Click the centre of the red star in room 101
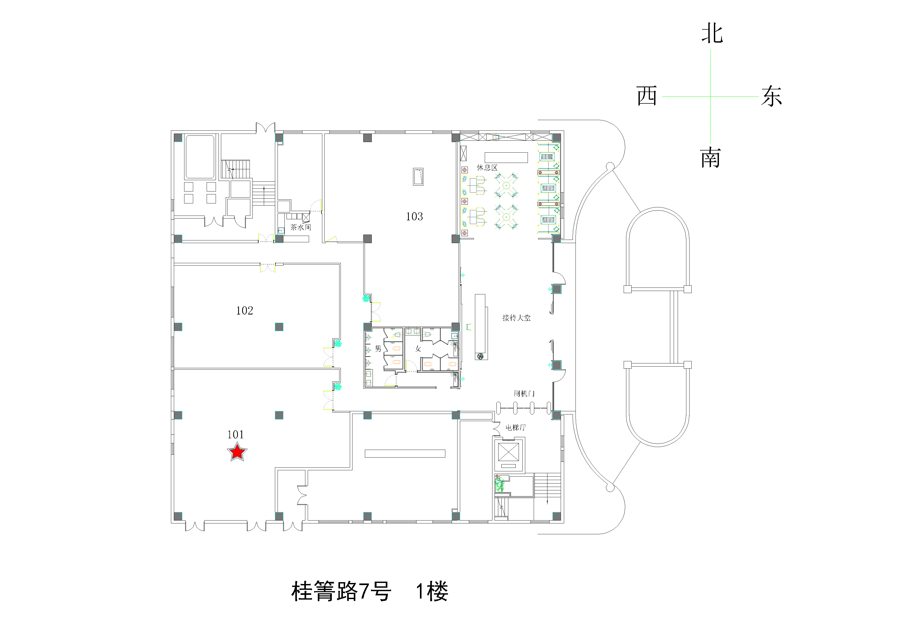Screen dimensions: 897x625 tap(237, 452)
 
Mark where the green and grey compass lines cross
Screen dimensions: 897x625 tap(710, 97)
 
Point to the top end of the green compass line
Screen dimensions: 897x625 tap(710, 50)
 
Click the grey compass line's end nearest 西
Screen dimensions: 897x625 tap(663, 97)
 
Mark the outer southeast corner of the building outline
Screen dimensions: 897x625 tap(564, 523)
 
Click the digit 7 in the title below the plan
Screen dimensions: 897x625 tap(364, 591)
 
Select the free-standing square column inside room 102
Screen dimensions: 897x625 tap(279, 327)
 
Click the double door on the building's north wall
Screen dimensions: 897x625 tap(266, 127)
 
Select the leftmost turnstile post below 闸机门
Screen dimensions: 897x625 tap(499, 408)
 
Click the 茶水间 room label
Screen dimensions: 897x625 tap(300, 227)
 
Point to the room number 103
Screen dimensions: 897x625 tap(414, 216)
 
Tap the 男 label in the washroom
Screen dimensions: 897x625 tap(378, 348)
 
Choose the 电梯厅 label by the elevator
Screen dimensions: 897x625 tap(516, 428)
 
